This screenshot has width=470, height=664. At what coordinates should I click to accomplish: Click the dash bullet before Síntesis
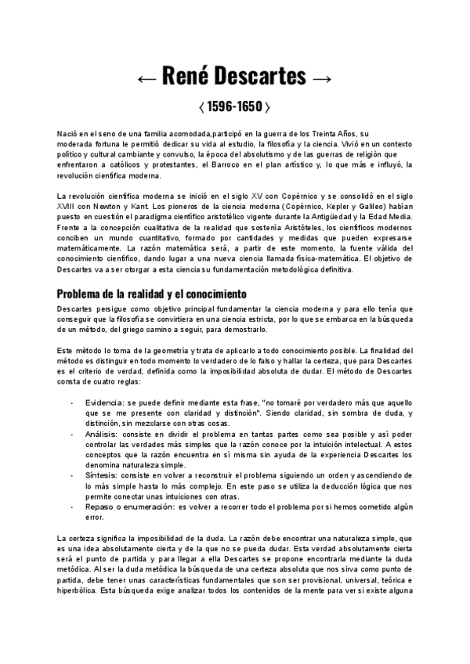pyautogui.click(x=73, y=475)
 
